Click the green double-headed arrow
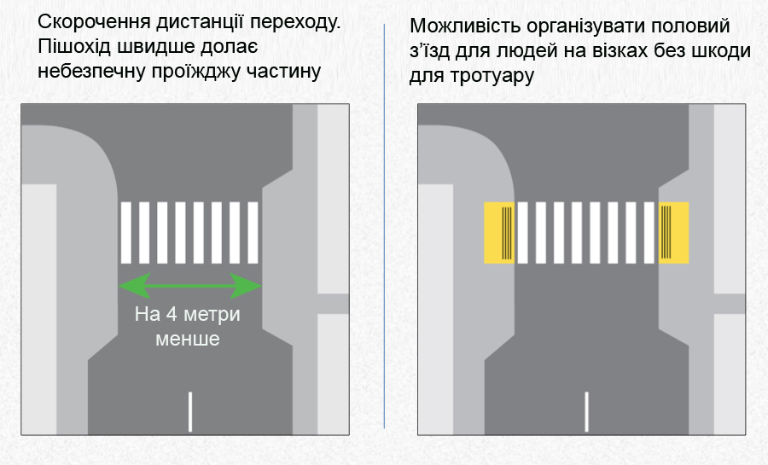click(x=189, y=285)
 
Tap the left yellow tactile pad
click(x=499, y=232)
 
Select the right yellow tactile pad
click(x=673, y=232)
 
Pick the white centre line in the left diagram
click(x=189, y=412)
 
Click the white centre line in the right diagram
click(x=587, y=412)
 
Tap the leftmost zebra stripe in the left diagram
click(x=126, y=232)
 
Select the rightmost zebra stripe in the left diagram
click(x=253, y=232)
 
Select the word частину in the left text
click(x=283, y=73)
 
